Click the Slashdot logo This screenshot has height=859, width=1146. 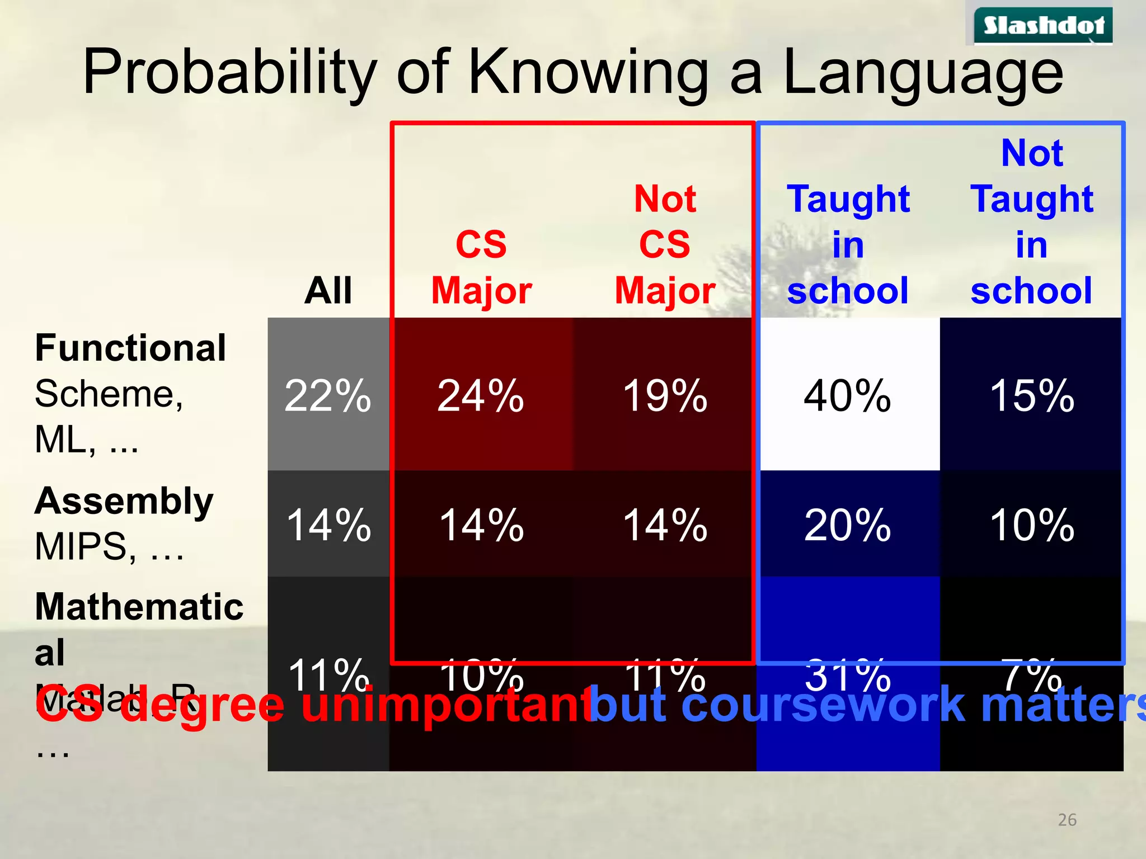(1044, 26)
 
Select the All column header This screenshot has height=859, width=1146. (328, 291)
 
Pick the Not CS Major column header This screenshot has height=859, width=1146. (665, 245)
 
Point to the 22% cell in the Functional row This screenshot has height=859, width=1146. (328, 395)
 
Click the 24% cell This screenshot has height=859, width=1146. (481, 395)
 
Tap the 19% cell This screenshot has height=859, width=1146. (665, 395)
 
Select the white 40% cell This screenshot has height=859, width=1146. (848, 395)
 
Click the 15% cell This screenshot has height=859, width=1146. (1032, 395)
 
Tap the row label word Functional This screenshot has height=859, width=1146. (130, 348)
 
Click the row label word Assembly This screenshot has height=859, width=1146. (124, 501)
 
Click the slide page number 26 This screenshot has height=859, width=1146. (1067, 820)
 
